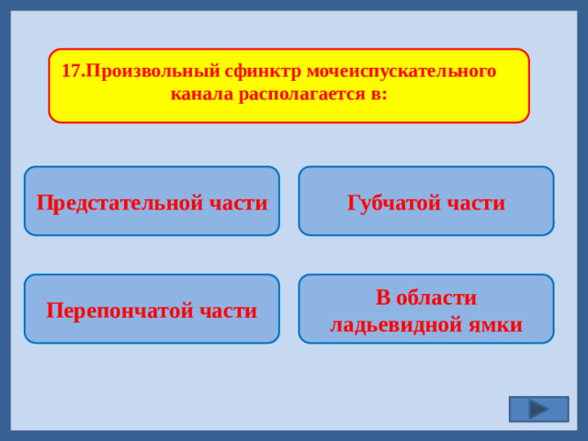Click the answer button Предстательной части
[152, 200]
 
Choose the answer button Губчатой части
[426, 200]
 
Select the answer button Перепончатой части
[152, 309]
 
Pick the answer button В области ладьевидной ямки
[426, 309]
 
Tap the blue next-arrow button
[538, 409]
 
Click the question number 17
[70, 72]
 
